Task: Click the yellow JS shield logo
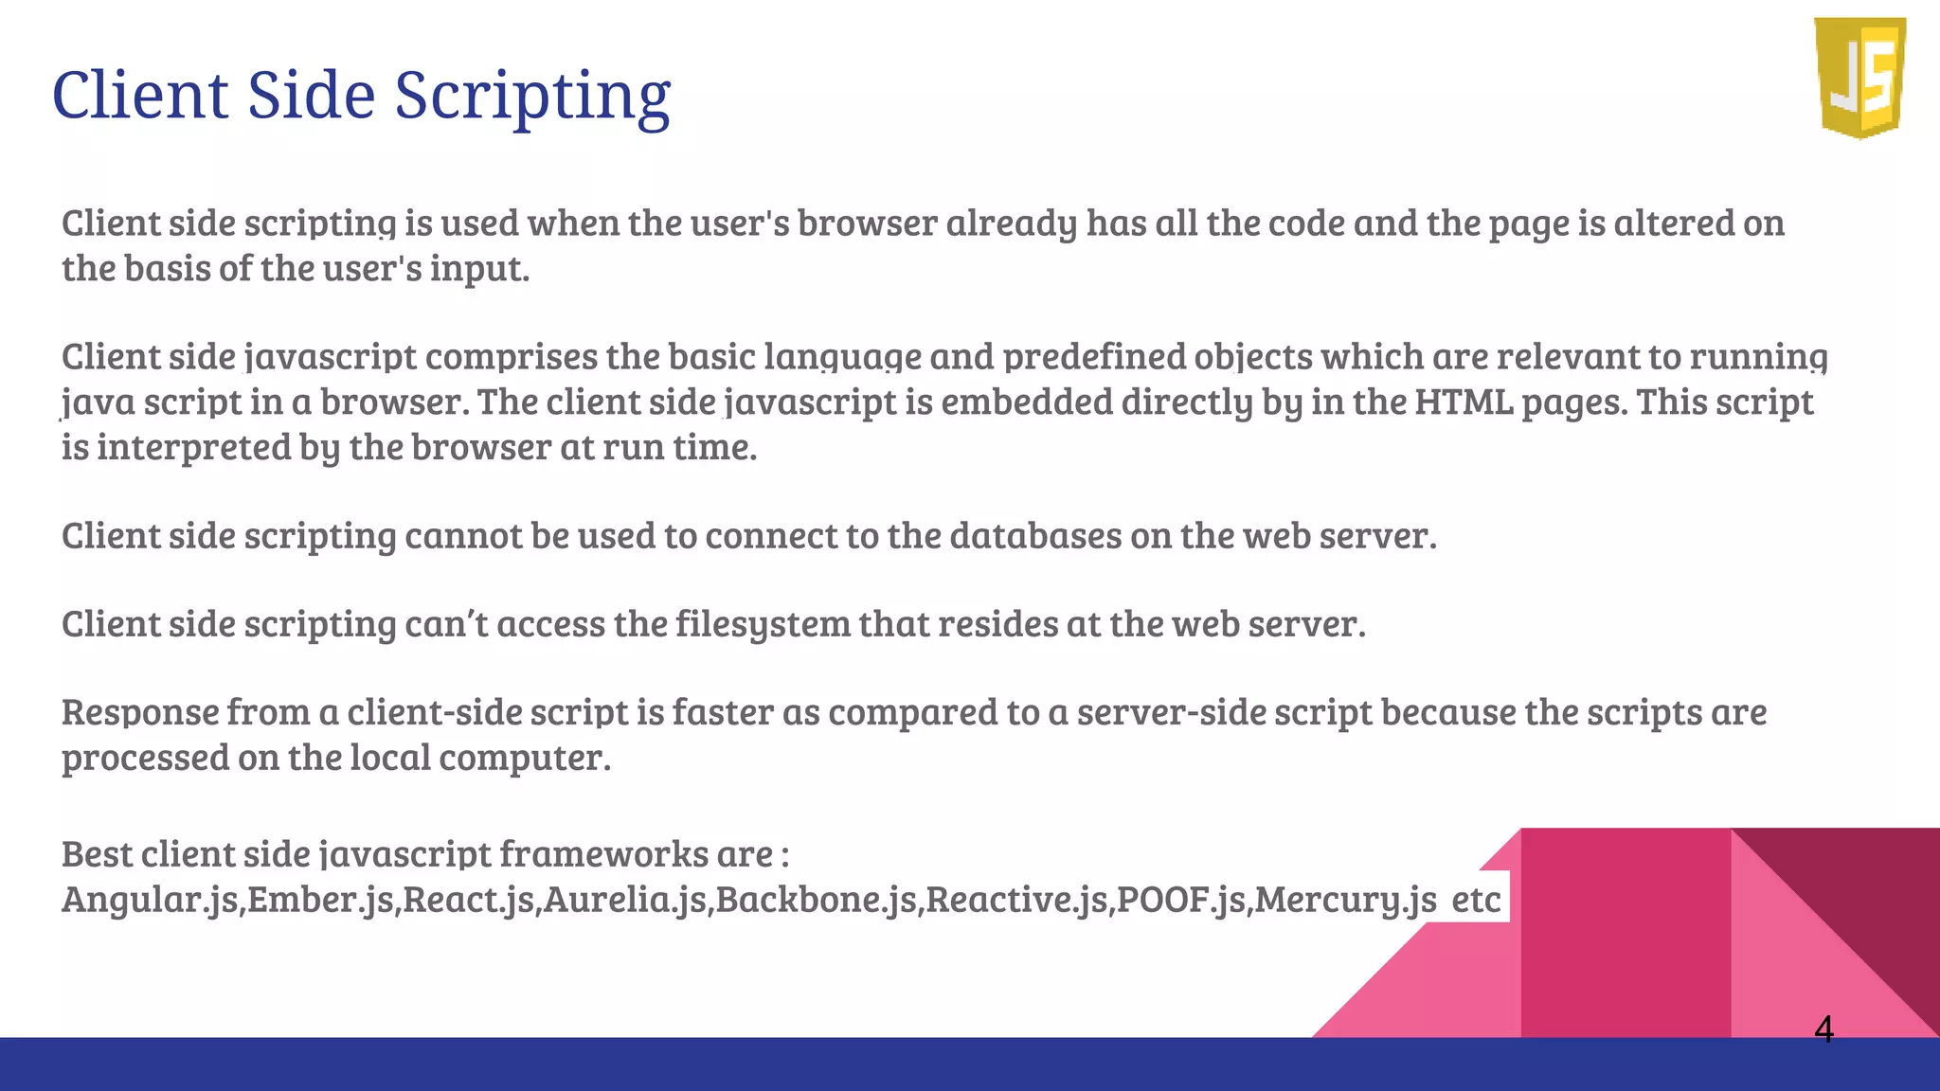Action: pos(1859,78)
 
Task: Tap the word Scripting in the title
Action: pos(532,96)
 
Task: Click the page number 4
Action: pos(1823,1028)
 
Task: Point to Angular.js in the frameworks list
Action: pos(150,899)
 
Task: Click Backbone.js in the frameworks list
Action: pos(817,899)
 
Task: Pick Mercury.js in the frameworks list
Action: pos(1345,899)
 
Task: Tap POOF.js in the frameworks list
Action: pos(1181,899)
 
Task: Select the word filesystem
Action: pos(763,624)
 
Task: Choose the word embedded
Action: pos(1026,402)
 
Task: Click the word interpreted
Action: pos(194,448)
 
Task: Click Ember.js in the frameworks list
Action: pos(321,899)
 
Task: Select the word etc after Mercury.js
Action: pos(1476,899)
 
